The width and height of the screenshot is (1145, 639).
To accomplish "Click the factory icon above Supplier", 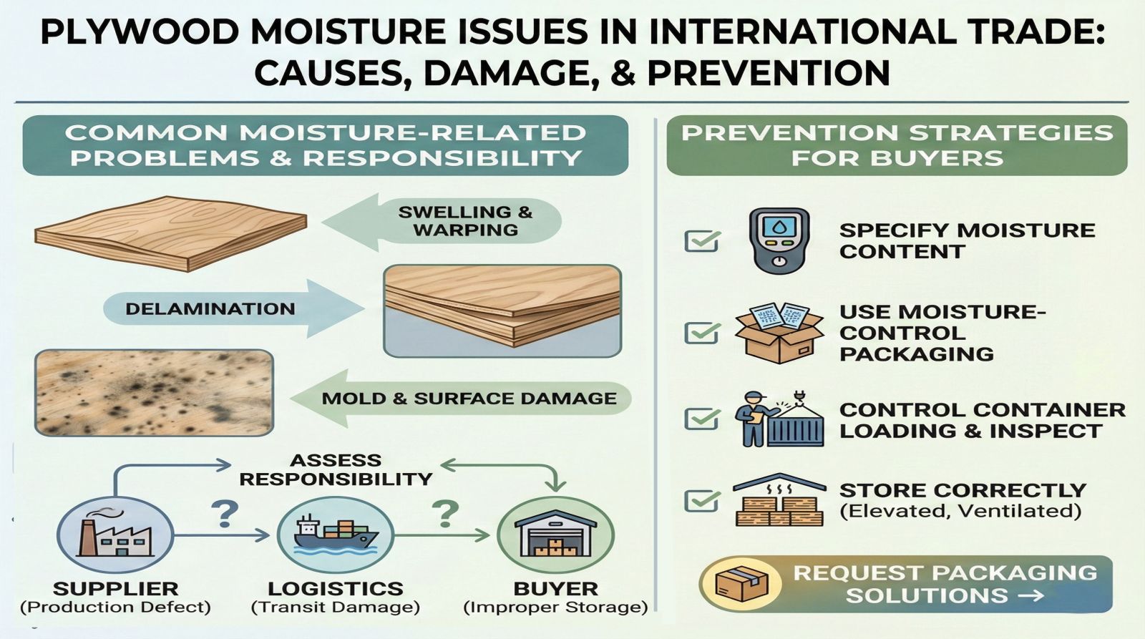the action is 115,535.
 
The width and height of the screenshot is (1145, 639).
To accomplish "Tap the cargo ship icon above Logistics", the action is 336,535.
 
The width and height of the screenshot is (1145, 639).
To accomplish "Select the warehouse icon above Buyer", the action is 555,535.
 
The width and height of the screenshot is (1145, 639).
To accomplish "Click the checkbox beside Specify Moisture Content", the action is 702,240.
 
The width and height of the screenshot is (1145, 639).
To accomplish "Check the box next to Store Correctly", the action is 702,500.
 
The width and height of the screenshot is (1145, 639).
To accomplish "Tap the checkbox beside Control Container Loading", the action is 702,419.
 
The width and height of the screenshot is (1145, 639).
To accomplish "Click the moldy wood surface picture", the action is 154,393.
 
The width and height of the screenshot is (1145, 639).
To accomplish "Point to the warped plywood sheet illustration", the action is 171,233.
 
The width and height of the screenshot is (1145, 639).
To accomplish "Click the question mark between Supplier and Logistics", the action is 225,514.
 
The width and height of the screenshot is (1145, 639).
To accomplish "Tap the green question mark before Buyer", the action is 445,514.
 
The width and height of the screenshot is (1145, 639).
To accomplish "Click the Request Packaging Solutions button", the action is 906,584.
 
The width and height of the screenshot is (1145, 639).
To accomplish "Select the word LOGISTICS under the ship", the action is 336,589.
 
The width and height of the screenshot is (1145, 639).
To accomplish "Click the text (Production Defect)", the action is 115,608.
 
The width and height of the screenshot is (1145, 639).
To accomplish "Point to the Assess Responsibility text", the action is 336,470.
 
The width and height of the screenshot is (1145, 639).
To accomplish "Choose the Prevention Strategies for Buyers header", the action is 897,146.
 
